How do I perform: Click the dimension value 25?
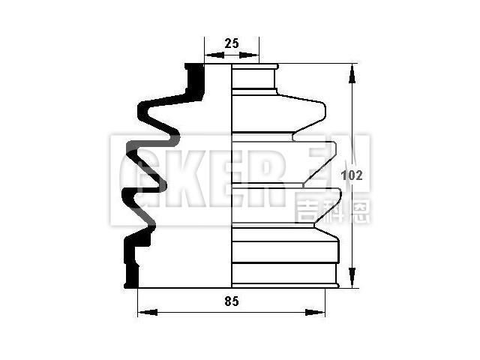(x=232, y=43)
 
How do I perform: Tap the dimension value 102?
(x=352, y=175)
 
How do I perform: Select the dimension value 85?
(x=232, y=301)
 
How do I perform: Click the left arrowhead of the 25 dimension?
(x=215, y=55)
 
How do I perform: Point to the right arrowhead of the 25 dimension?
(x=248, y=55)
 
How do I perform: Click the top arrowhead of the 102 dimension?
(x=352, y=74)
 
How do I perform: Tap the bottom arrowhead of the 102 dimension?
(x=352, y=277)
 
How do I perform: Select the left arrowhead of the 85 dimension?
(x=148, y=313)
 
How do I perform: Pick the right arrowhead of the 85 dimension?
(x=315, y=313)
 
